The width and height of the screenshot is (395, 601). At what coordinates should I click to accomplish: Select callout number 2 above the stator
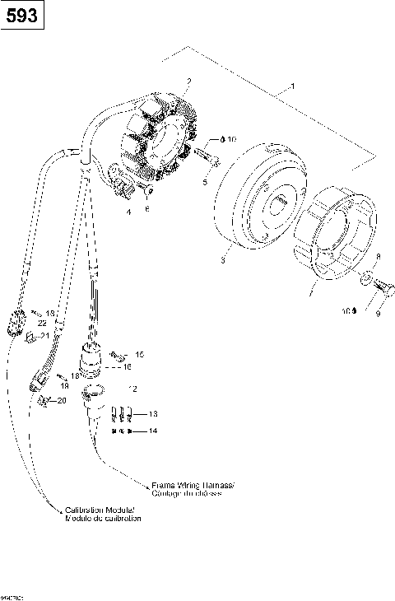(x=189, y=81)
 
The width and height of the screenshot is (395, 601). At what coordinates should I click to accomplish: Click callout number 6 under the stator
(x=148, y=210)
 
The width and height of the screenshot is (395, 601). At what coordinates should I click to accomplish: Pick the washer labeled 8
(x=365, y=283)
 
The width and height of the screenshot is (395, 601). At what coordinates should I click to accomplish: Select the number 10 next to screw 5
(x=230, y=140)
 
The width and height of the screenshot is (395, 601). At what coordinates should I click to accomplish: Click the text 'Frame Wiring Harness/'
(x=193, y=485)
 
